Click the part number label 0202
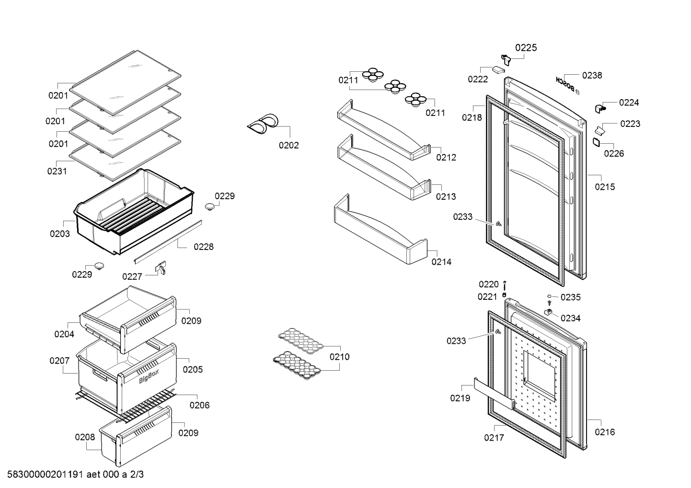[x=289, y=145]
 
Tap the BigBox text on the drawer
[x=149, y=376]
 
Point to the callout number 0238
[x=592, y=75]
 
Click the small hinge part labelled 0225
[x=506, y=59]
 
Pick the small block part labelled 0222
[x=498, y=70]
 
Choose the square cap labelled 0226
[x=596, y=142]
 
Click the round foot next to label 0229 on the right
[x=210, y=207]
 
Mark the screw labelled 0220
[x=505, y=285]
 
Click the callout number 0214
[x=441, y=262]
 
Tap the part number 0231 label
[x=57, y=171]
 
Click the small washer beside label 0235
[x=549, y=296]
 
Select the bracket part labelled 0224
[x=599, y=108]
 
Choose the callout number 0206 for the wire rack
[x=200, y=405]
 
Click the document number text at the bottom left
[x=75, y=474]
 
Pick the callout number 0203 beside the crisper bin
[x=60, y=234]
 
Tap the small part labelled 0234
[x=548, y=312]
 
